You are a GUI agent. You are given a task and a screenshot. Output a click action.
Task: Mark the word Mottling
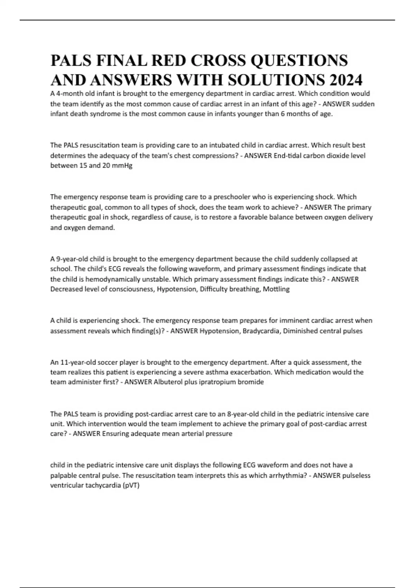276,289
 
